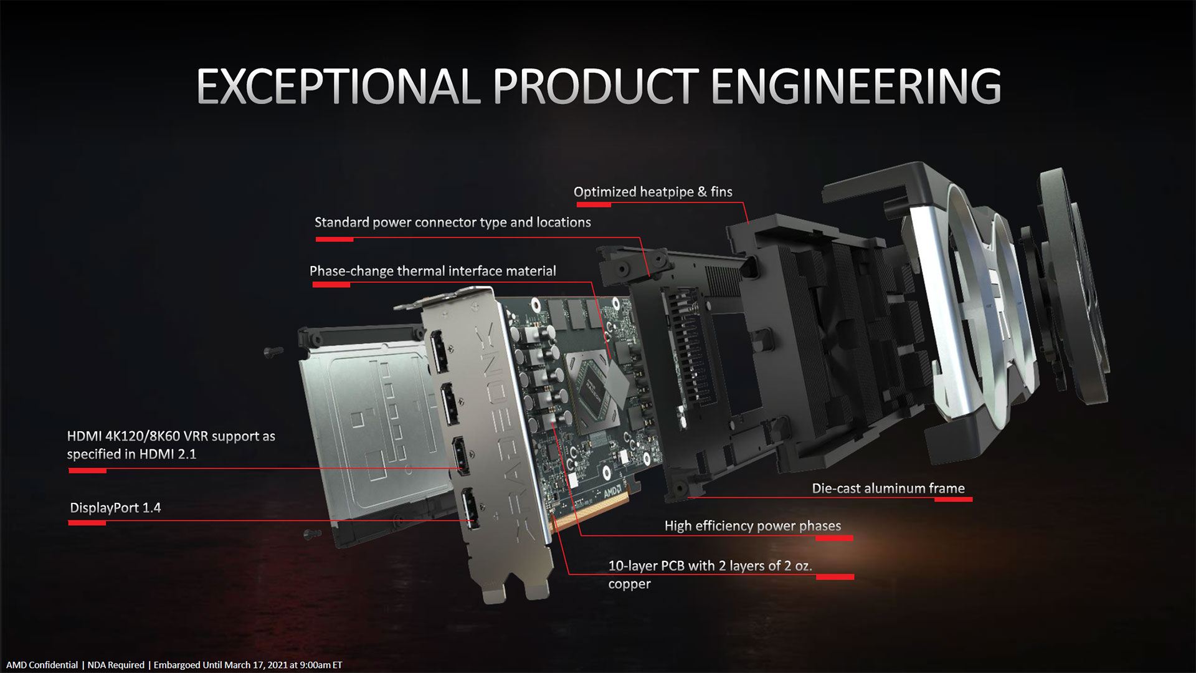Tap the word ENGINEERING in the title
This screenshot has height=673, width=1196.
click(x=856, y=86)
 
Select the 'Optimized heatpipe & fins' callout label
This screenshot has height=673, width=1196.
click(x=653, y=192)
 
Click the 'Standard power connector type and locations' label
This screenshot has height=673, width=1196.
click(x=452, y=222)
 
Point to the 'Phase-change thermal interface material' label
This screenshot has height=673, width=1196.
click(x=432, y=271)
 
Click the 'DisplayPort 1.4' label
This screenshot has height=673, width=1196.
click(x=115, y=508)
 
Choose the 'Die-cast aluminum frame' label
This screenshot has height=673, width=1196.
click(x=888, y=489)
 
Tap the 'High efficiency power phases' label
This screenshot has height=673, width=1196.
click(x=752, y=526)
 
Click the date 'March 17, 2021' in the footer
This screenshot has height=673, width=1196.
click(x=256, y=665)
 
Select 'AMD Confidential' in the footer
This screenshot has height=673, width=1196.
click(x=42, y=665)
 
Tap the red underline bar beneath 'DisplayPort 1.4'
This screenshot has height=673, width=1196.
click(x=87, y=523)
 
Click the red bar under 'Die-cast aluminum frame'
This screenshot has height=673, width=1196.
click(x=953, y=499)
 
